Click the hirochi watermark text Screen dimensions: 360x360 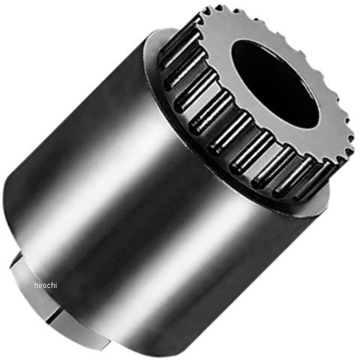pyautogui.click(x=46, y=285)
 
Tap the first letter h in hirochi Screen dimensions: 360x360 pyautogui.click(x=36, y=285)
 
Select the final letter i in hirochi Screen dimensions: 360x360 pyautogui.click(x=56, y=285)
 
